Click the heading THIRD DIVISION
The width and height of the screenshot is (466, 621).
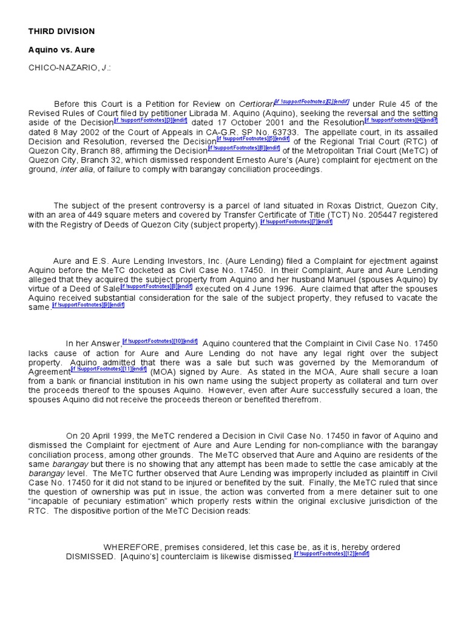(61, 31)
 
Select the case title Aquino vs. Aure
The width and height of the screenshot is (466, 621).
(61, 49)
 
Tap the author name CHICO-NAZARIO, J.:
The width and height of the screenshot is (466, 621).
(69, 67)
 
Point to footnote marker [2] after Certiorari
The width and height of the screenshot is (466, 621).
(312, 101)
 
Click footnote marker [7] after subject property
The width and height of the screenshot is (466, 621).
(297, 222)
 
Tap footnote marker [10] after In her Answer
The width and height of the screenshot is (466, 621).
(160, 341)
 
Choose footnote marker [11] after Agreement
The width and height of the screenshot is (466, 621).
(109, 369)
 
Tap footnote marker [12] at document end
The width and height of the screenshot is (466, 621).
(331, 554)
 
